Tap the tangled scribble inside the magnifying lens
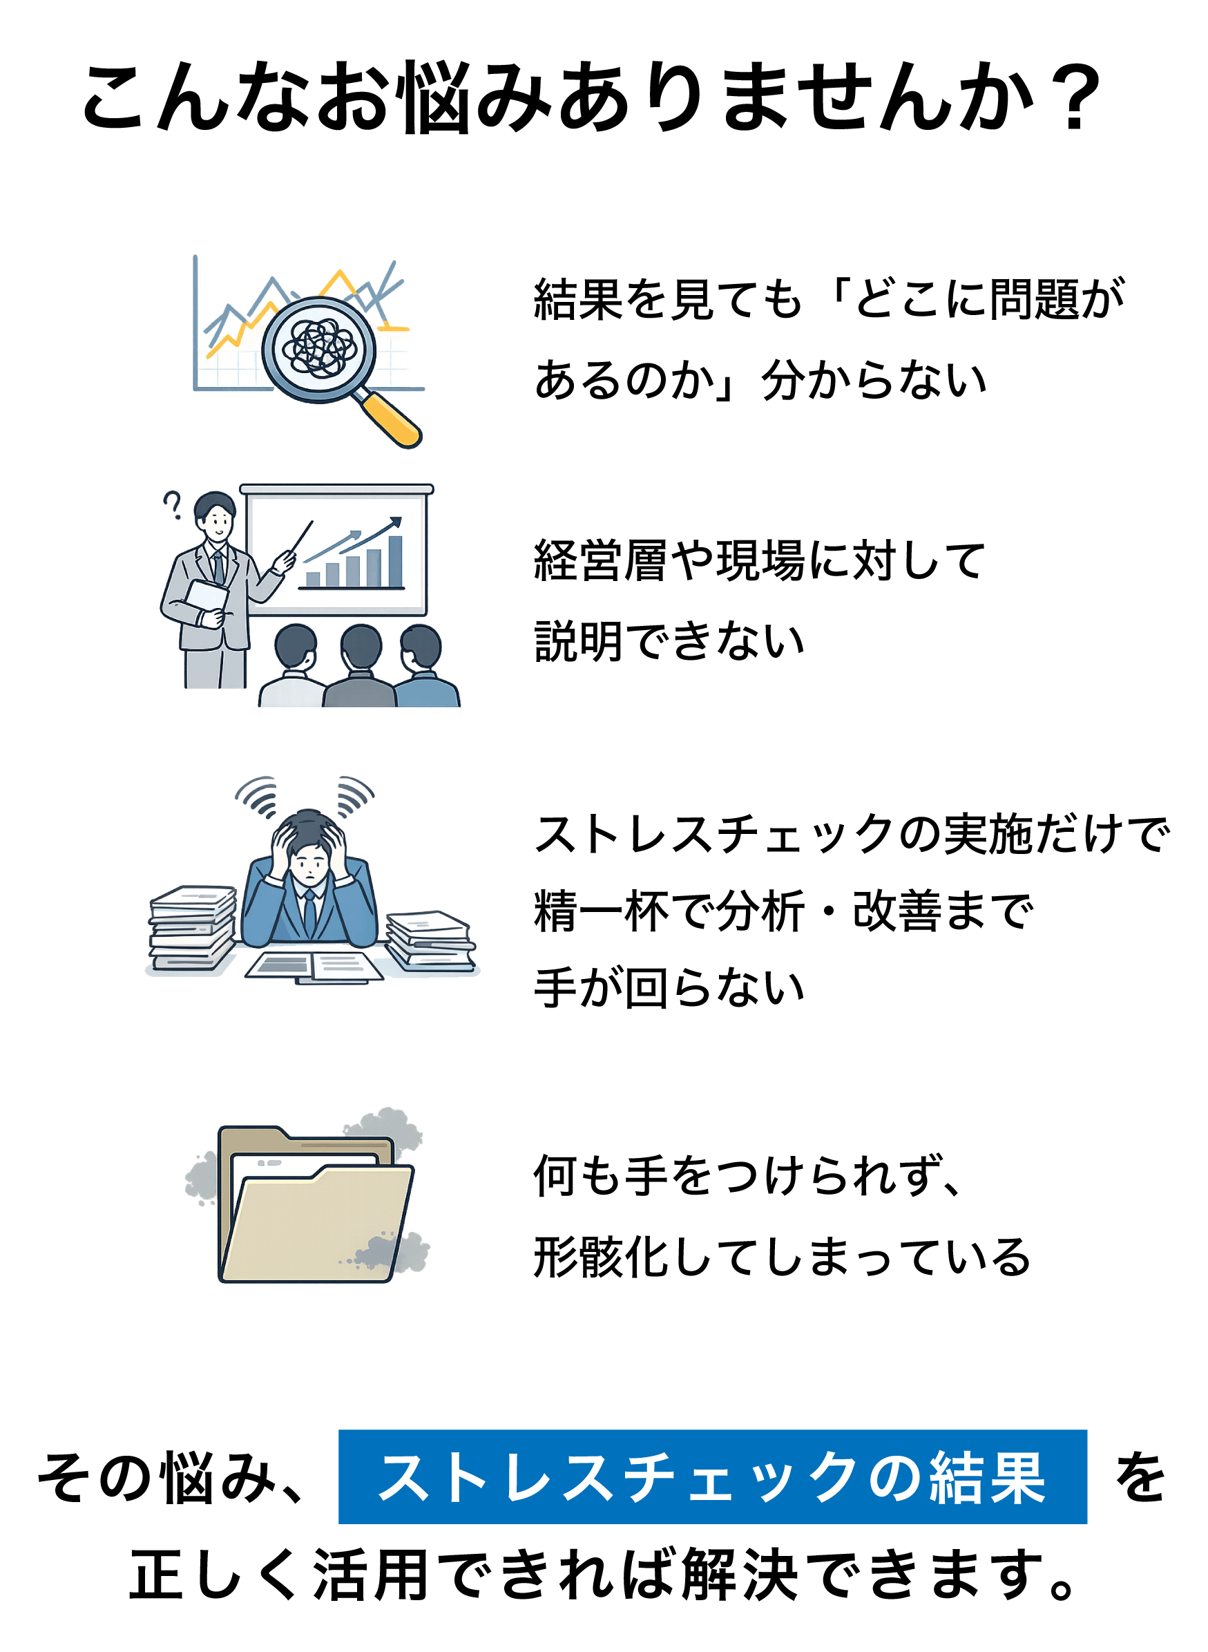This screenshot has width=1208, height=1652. (x=320, y=349)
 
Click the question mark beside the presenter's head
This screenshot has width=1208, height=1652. (x=173, y=504)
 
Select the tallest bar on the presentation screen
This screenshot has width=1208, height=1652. (x=395, y=561)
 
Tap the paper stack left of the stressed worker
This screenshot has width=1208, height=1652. (x=192, y=928)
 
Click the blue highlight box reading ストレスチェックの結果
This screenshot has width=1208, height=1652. (x=712, y=1477)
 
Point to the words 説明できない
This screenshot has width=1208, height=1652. (x=669, y=641)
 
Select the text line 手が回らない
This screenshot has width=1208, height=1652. (x=669, y=988)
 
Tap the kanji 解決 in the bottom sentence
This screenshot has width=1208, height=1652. (x=739, y=1575)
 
